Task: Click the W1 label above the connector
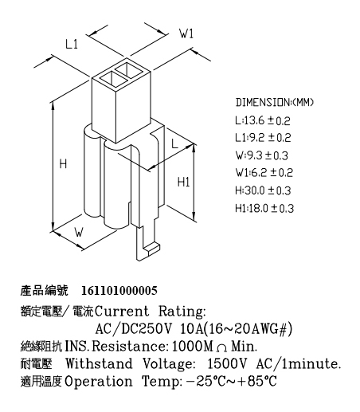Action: coord(186,33)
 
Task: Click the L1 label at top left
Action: coord(72,44)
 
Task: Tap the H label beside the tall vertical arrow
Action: coord(63,163)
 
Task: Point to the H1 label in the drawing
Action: coord(183,182)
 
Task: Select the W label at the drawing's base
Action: coord(79,232)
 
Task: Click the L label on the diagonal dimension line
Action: coord(174,143)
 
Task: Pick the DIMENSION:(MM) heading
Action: coord(275,102)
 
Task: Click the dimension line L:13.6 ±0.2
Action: coord(263,121)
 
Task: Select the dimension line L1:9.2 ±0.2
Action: coord(263,138)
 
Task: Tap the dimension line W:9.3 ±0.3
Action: coord(262,155)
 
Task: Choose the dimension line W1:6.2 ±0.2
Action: coord(264,173)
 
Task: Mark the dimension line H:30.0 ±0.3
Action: coord(263,190)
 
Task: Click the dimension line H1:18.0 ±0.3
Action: coord(264,208)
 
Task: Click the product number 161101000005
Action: coord(119,291)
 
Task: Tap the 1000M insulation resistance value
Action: coord(193,347)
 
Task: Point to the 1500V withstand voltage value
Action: coord(227,363)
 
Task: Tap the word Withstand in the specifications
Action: coord(99,363)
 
